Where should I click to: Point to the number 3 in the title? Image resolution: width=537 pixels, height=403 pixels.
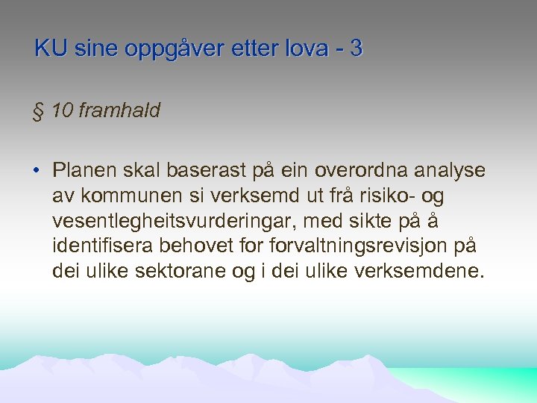[356, 49]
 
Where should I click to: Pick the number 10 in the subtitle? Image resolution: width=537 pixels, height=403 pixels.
[64, 110]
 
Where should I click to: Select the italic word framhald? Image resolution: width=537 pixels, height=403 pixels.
[119, 110]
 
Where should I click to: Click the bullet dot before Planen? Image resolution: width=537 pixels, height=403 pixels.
[36, 171]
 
